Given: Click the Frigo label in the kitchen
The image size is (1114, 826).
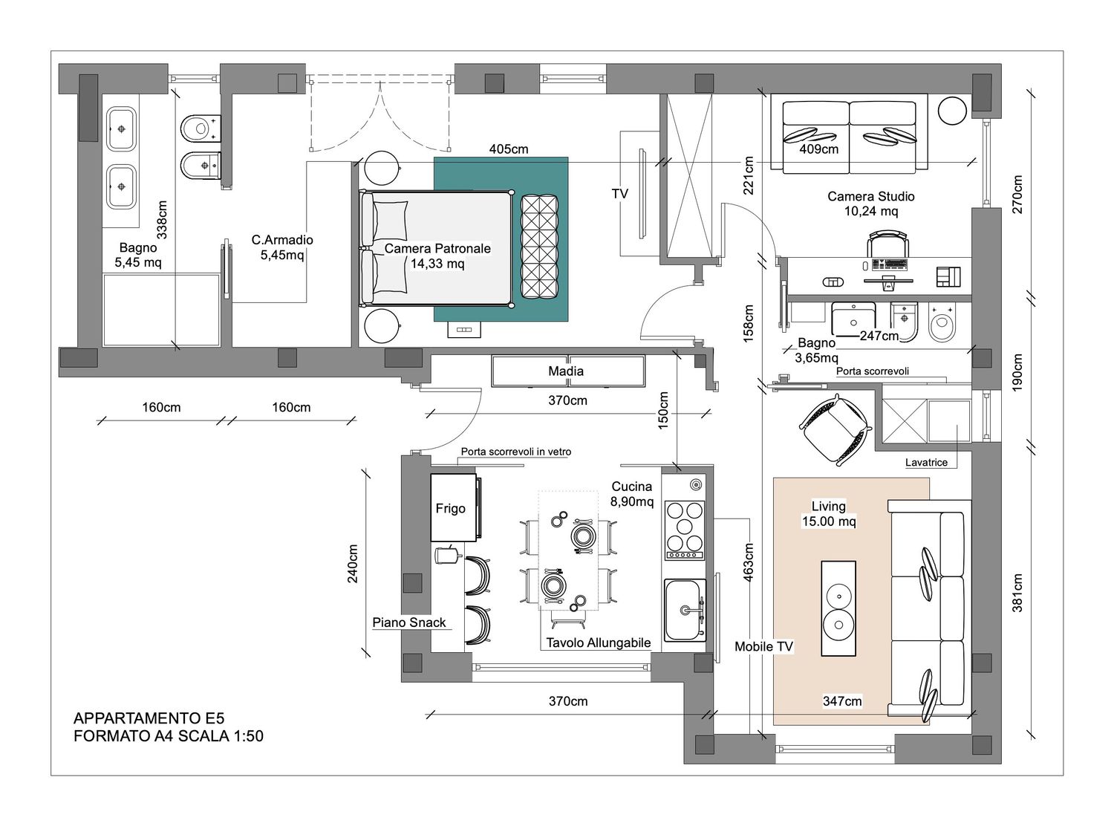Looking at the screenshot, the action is (x=450, y=509).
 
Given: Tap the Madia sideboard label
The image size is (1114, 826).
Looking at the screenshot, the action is (x=565, y=371).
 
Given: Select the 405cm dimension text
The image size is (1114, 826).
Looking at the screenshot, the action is (x=509, y=149).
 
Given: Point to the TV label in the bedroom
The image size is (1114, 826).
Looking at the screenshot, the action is (x=620, y=193).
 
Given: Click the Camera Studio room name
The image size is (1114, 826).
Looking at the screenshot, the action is (x=871, y=196).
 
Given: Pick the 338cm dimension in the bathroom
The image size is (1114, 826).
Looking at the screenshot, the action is (x=162, y=220).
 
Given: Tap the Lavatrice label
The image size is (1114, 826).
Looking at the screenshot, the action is (x=926, y=463).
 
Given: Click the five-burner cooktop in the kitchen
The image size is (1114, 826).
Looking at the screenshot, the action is (x=685, y=530).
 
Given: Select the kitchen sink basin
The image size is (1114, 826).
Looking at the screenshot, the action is (x=685, y=611).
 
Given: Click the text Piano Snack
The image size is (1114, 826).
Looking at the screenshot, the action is (x=408, y=622).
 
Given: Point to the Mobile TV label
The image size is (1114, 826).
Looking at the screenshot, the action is (x=763, y=647).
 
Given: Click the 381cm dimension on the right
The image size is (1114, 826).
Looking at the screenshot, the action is (x=1017, y=593).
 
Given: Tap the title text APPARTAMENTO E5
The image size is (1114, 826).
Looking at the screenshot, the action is (x=149, y=718).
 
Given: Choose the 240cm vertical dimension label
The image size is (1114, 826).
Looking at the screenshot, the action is (x=353, y=564).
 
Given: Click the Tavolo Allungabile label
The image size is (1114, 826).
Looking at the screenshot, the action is (x=598, y=643).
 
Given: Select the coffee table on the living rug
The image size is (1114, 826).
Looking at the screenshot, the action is (x=838, y=608).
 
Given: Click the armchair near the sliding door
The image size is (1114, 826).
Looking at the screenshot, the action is (x=835, y=429).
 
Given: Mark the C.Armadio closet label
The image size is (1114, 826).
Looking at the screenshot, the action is (x=282, y=240).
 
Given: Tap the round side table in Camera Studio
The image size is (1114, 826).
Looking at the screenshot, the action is (x=952, y=111).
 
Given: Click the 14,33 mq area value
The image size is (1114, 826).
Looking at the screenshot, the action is (x=437, y=263).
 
